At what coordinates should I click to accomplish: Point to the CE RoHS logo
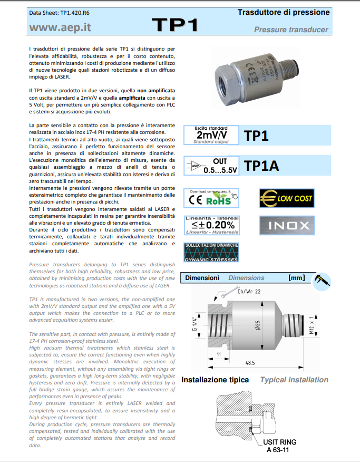point(211,198)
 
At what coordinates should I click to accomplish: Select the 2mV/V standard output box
point(211,135)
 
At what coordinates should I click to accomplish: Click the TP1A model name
point(262,166)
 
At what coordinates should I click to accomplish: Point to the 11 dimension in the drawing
point(218,355)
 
